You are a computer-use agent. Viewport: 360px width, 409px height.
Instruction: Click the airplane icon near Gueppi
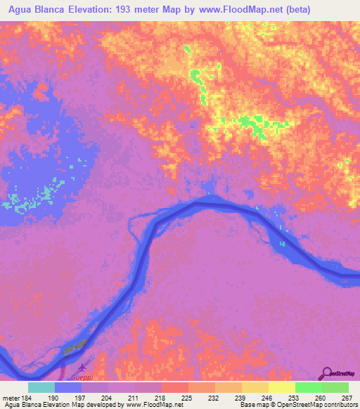pyautogui.click(x=83, y=367)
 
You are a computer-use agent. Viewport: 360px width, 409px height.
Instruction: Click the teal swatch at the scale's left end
pyautogui.click(x=41, y=387)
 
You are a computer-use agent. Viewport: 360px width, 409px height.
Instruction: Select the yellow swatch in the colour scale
pyautogui.click(x=281, y=387)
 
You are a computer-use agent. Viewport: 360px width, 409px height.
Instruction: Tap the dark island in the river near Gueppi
pyautogui.click(x=75, y=346)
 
